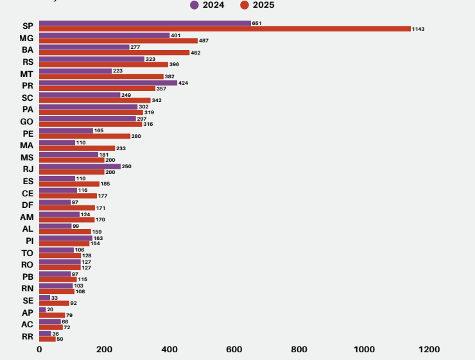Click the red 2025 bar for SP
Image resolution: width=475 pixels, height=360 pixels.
(225, 29)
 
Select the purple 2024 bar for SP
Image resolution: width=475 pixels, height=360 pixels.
(145, 23)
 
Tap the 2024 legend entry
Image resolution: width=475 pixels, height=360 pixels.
(207, 5)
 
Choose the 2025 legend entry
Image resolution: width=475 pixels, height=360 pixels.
(257, 5)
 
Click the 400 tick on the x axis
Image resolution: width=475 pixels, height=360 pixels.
(169, 349)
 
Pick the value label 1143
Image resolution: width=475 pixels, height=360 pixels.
(419, 29)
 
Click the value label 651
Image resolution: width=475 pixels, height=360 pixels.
(257, 23)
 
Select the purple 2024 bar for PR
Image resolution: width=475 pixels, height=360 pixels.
(108, 83)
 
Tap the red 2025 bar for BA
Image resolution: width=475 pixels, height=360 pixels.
(114, 53)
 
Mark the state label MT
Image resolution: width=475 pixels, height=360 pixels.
(27, 74)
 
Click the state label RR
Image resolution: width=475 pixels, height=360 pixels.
(28, 336)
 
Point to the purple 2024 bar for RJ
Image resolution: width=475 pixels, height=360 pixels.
(80, 166)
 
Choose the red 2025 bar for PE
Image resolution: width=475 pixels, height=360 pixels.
(85, 136)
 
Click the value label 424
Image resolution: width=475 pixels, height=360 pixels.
(183, 83)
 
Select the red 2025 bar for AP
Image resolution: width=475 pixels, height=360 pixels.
(52, 315)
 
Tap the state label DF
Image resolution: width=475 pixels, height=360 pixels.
(27, 205)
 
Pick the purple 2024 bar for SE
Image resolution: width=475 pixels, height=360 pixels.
(44, 298)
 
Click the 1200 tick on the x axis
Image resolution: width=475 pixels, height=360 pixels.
(429, 349)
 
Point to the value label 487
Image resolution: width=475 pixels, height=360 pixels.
(204, 41)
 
